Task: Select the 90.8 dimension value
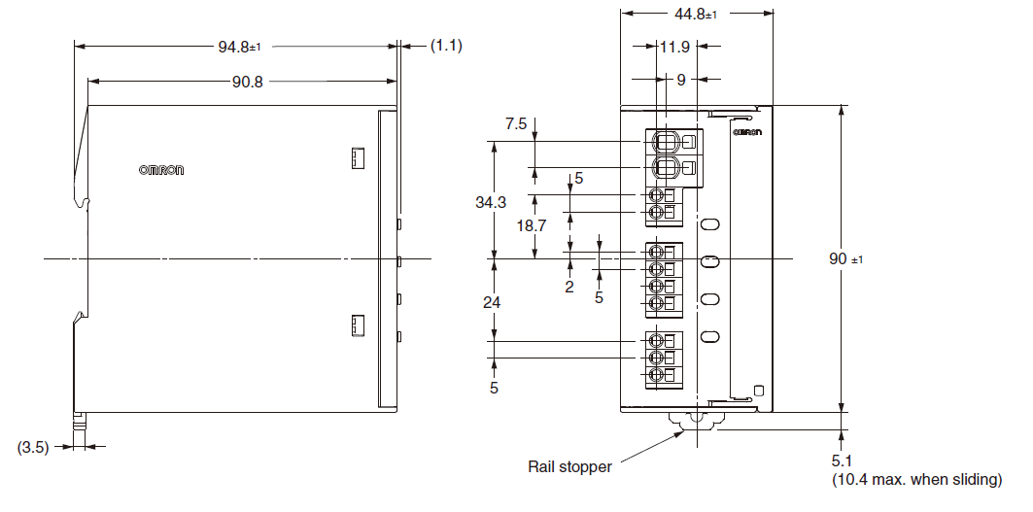coord(247,82)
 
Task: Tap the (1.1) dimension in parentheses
coord(446,46)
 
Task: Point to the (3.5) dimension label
coord(34,447)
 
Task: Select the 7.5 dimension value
coord(516,123)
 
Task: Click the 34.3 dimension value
coord(493,202)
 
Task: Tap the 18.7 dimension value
coord(532,224)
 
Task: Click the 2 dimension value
coord(569,287)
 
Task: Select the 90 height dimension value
coord(843,259)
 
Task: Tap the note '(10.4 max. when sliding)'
coord(916,480)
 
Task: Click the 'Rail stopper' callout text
coord(569,467)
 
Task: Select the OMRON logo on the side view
coord(161,170)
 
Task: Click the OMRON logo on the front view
coord(746,130)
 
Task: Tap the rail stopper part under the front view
coord(696,422)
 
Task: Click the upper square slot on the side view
coord(357,156)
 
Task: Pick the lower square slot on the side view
coord(357,325)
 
